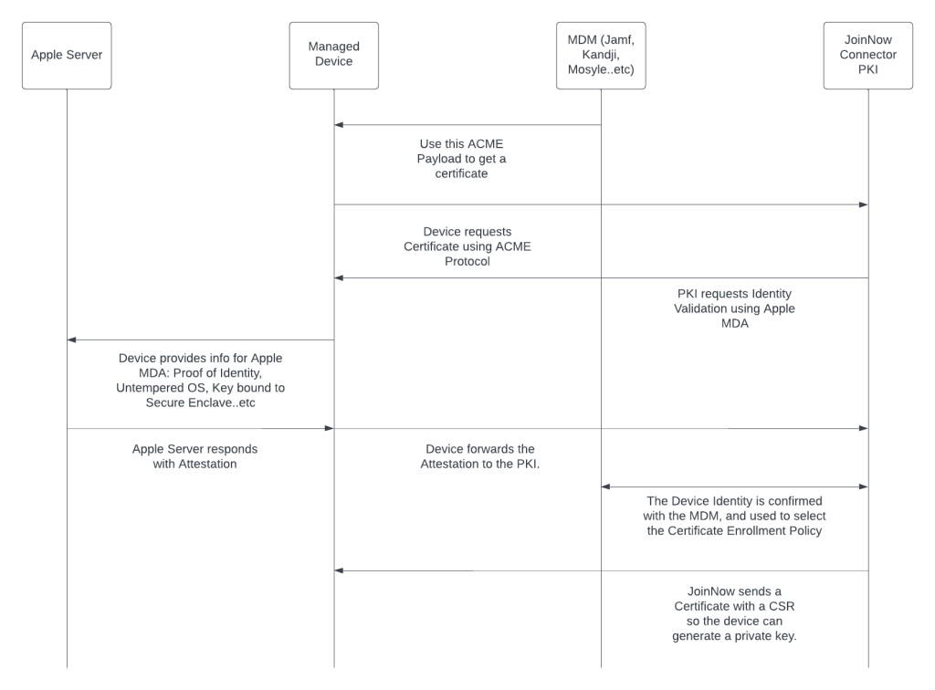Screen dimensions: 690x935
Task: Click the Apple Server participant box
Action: point(67,56)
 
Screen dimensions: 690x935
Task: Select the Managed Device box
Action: point(333,56)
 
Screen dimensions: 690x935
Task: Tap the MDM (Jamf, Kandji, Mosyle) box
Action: point(601,56)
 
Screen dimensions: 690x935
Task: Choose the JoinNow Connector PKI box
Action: point(867,56)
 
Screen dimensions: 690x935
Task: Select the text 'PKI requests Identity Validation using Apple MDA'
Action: point(734,308)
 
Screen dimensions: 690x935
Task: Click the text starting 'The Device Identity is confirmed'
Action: point(734,516)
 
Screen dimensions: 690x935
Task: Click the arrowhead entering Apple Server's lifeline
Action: point(72,340)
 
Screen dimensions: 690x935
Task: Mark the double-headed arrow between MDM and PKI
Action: point(734,487)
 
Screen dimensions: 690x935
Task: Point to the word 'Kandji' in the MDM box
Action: point(601,56)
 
